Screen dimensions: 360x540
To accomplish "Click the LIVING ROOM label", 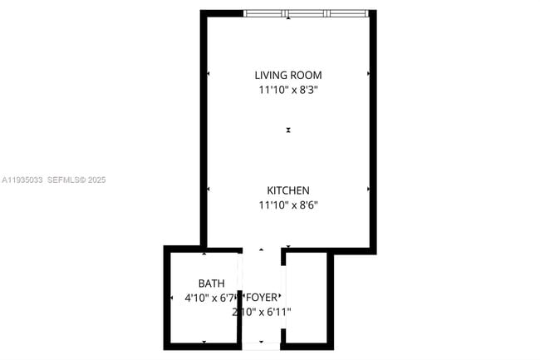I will pos(287,75).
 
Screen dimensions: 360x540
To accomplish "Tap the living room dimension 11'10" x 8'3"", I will pos(287,89).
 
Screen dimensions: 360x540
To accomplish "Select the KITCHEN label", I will pos(287,190).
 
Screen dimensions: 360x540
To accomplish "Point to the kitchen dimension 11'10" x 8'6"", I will pos(287,205).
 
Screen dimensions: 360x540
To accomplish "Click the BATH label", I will pos(211,284).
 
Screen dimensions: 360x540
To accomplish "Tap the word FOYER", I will pos(261,298).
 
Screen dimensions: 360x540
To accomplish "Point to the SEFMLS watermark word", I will pos(65,180).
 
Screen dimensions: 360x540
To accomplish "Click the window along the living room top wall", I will pos(306,14).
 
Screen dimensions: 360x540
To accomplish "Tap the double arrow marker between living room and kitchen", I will pos(288,130).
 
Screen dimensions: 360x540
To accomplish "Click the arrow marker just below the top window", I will pos(288,19).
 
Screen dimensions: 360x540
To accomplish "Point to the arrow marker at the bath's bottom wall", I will pos(204,341).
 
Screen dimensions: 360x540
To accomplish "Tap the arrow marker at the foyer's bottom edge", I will pos(261,342).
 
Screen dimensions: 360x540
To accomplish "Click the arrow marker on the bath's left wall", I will pos(171,297).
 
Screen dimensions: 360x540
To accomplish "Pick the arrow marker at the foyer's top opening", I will pos(261,249).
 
